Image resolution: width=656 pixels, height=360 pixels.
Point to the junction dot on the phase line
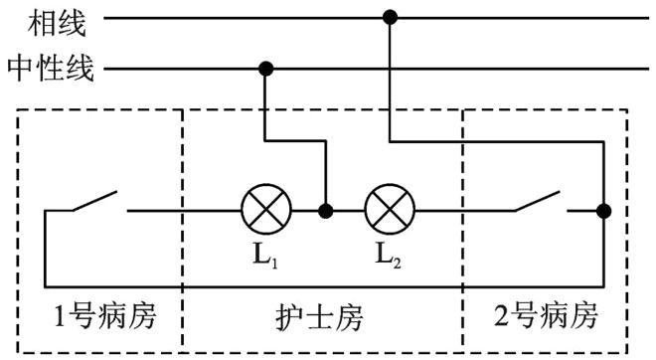tap(390, 17)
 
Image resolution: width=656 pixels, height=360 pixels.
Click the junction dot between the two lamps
tap(324, 211)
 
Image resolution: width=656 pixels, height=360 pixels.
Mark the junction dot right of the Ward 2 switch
tap(602, 211)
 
